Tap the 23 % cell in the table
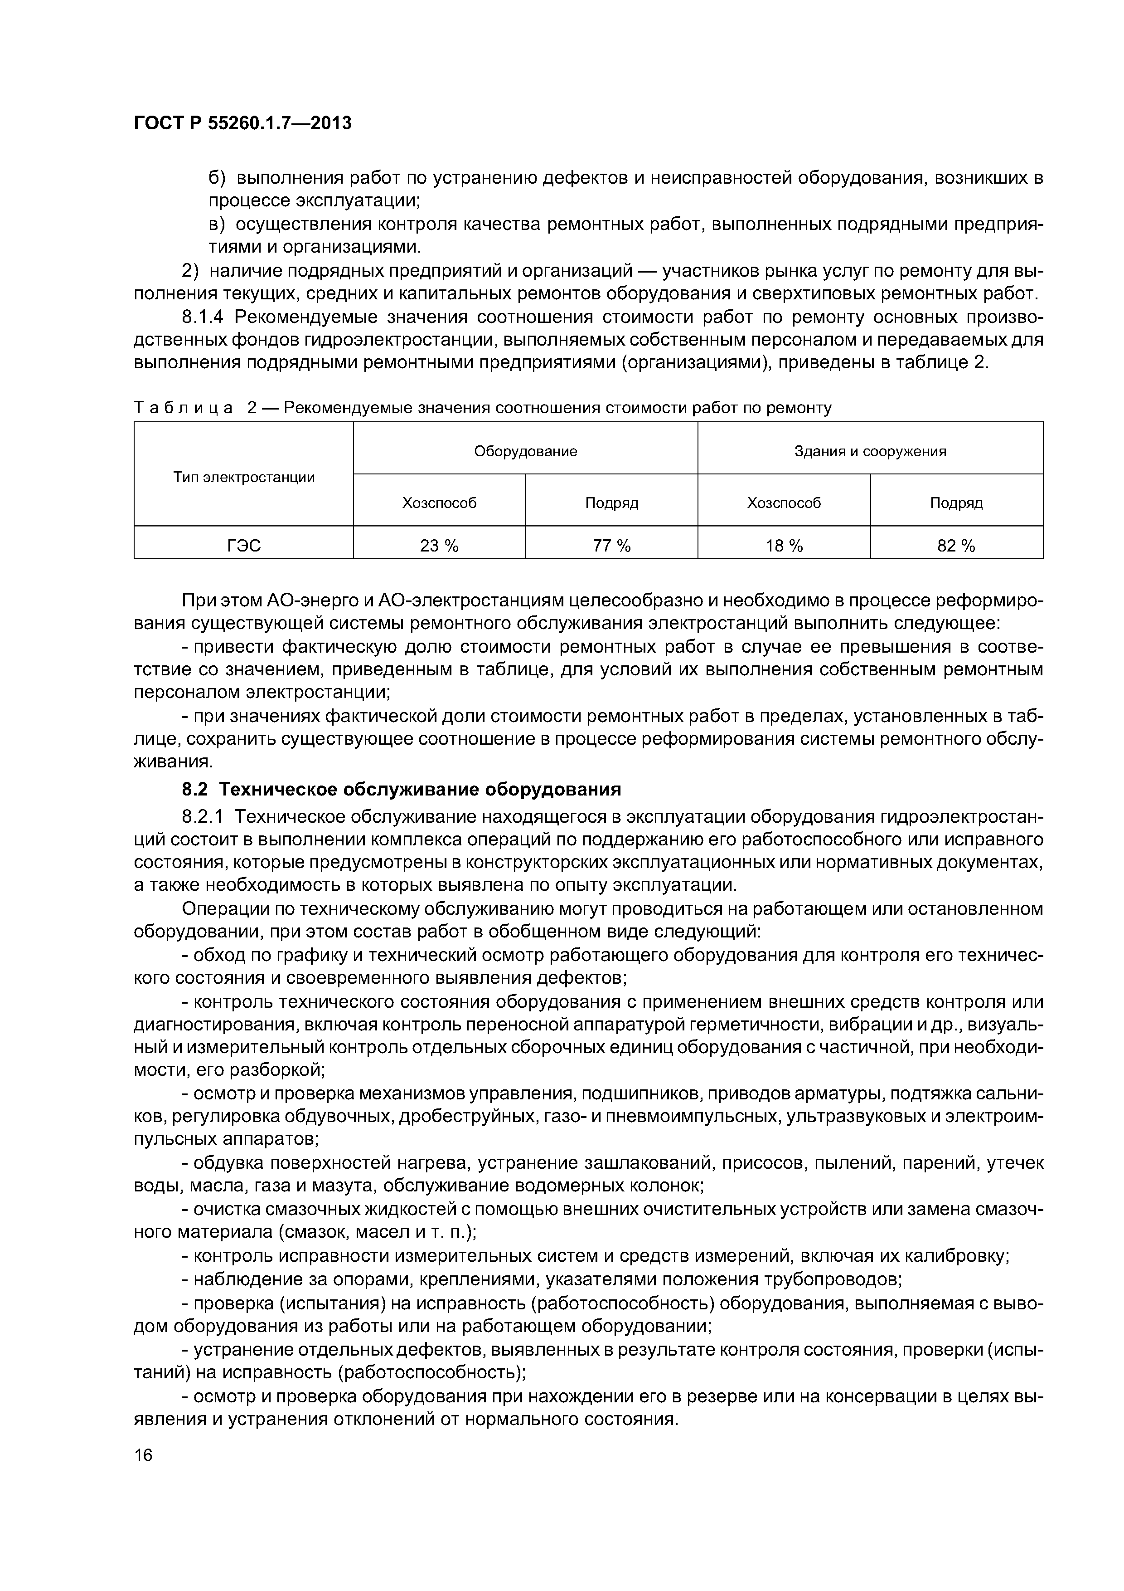[439, 546]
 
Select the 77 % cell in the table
[611, 546]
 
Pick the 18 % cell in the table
[784, 546]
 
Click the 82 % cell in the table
[956, 546]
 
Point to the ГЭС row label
[244, 546]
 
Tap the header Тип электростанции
[244, 478]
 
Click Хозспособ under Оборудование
[439, 503]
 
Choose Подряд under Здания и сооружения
[956, 503]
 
